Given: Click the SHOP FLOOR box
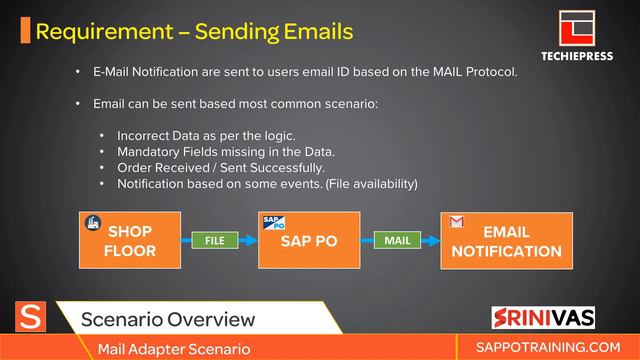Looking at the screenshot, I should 130,240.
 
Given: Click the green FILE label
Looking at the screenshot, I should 214,241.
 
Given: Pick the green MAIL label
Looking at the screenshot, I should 397,241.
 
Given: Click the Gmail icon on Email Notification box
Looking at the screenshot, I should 456,221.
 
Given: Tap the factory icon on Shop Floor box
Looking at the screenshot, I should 92,222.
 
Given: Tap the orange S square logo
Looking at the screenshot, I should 32,318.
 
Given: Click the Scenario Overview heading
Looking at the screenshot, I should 167,320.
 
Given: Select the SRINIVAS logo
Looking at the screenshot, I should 544,318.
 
